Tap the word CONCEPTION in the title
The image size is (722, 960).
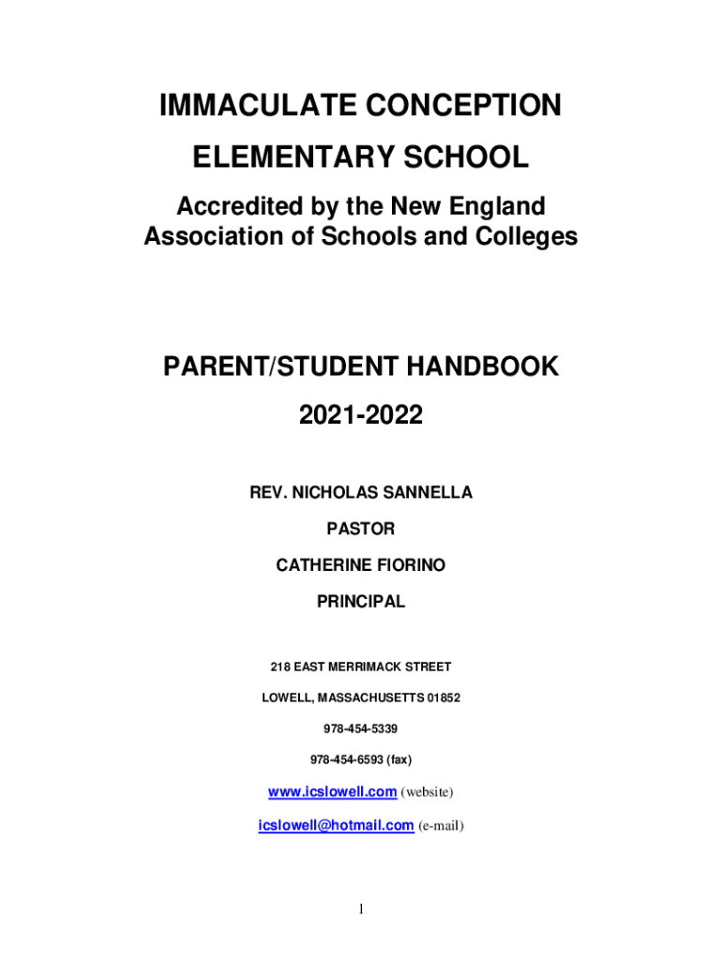pyautogui.click(x=461, y=107)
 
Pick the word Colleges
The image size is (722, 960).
pyautogui.click(x=527, y=237)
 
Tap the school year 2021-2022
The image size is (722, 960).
pyautogui.click(x=361, y=413)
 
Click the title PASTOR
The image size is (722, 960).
pyautogui.click(x=361, y=530)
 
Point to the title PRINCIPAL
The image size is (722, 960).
pyautogui.click(x=361, y=602)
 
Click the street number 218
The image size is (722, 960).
pyautogui.click(x=280, y=667)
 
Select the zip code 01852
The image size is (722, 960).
pyautogui.click(x=444, y=698)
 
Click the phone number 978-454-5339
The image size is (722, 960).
pyautogui.click(x=361, y=728)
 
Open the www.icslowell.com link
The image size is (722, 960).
pyautogui.click(x=332, y=792)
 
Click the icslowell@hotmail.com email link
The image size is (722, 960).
pyautogui.click(x=336, y=825)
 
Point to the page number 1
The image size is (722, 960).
pyautogui.click(x=361, y=908)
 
